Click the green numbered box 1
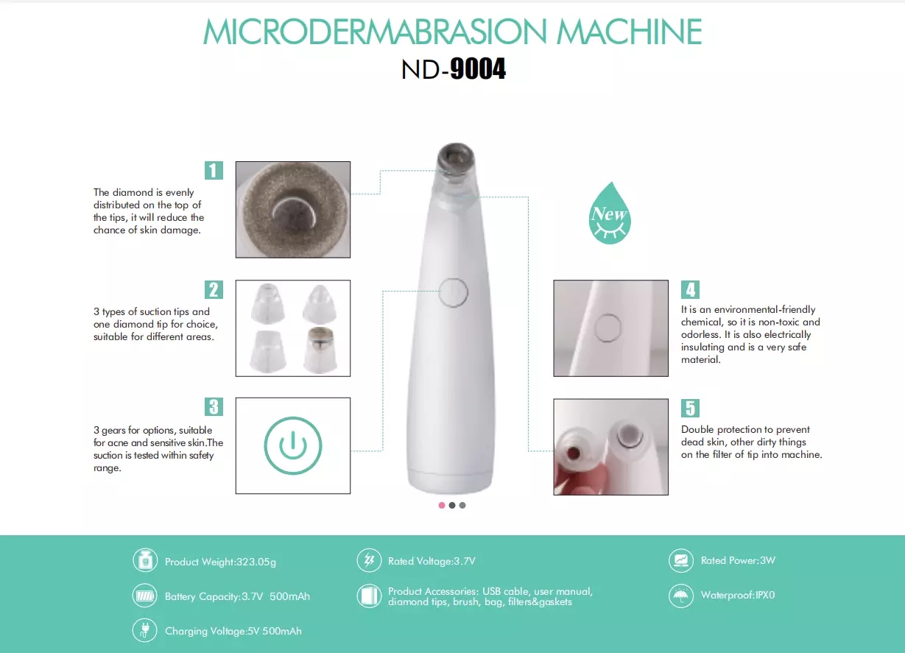tap(214, 170)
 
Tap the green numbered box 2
tap(214, 289)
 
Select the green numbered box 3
tap(214, 406)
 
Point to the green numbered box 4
tap(690, 289)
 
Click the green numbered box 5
tap(690, 408)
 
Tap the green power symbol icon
tap(293, 446)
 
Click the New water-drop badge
tap(610, 213)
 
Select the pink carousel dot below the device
tap(442, 505)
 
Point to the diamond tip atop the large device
tap(456, 157)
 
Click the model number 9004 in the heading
tap(478, 69)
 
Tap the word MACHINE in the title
tap(629, 32)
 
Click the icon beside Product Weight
tap(145, 560)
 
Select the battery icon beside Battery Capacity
tap(144, 596)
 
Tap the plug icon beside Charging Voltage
tap(144, 630)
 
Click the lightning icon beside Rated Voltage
tap(369, 560)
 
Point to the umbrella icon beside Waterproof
tap(681, 596)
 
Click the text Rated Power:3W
tap(738, 560)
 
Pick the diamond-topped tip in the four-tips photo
tap(320, 350)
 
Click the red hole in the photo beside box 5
tap(574, 453)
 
